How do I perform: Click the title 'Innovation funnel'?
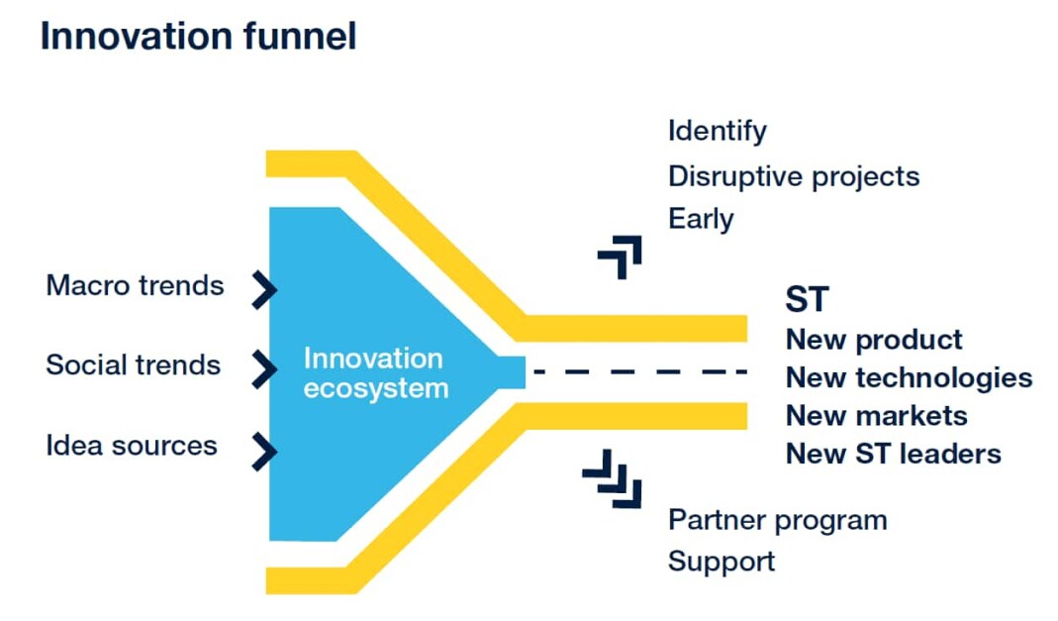point(198,38)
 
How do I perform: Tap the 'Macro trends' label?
point(135,286)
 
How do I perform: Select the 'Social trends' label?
point(133,364)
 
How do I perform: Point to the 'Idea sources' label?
point(131,445)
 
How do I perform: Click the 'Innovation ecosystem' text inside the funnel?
point(375,372)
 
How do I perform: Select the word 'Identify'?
point(717,131)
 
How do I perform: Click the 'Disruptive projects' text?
point(794,176)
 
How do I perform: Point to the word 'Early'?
point(701,219)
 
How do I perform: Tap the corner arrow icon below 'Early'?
point(621,257)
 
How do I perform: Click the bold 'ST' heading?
point(807,299)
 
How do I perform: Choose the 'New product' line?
point(874,340)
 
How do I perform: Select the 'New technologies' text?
point(909,377)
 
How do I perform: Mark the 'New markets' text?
point(876,415)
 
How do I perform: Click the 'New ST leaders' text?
point(893,454)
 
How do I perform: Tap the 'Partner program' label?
point(777,520)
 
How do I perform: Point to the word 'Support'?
point(721,562)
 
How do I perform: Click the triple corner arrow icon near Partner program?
point(613,478)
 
